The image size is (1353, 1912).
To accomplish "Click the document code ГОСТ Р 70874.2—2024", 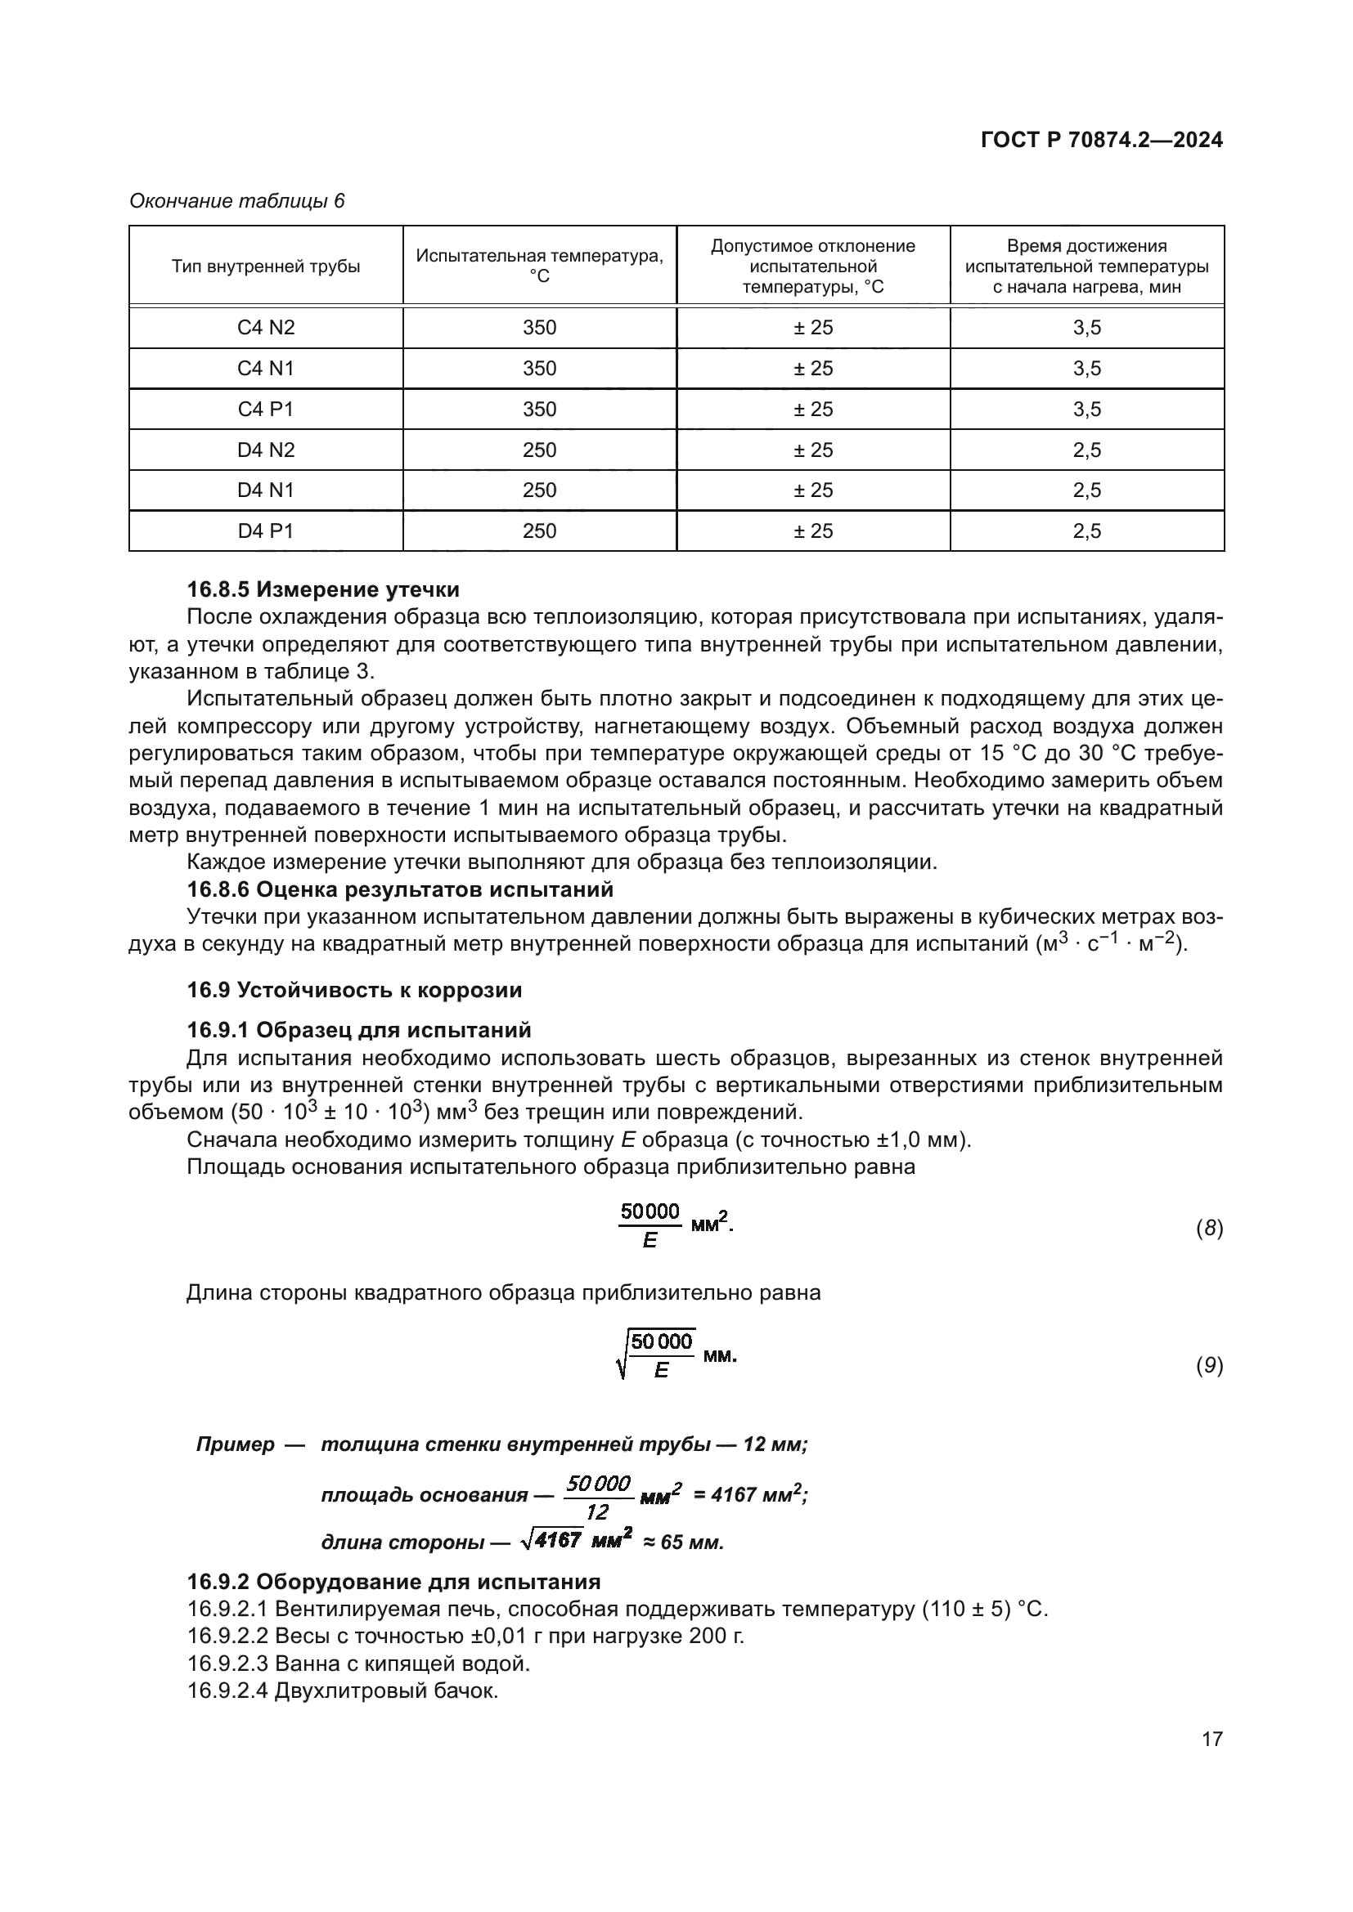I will tap(1101, 140).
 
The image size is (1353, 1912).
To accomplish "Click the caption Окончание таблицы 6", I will tap(236, 201).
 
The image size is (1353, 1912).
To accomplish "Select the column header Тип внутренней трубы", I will tap(266, 266).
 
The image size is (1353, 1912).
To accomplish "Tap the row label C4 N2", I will tap(266, 327).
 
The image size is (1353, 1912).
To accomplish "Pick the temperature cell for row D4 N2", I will tap(539, 450).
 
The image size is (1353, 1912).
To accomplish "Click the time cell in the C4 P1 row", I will tap(1086, 409).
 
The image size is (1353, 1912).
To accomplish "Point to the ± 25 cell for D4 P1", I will tap(812, 531).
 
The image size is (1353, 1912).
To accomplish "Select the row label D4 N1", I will tap(266, 490).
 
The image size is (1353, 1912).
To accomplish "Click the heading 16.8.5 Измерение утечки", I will tap(322, 589).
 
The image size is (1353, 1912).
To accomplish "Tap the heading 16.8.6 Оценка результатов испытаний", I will tap(400, 889).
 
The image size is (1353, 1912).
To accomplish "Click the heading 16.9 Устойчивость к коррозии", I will tap(354, 990).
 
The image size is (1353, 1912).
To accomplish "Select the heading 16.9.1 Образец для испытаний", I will tap(358, 1030).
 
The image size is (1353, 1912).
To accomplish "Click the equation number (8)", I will tap(1209, 1229).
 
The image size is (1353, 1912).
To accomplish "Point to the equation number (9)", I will tap(1209, 1365).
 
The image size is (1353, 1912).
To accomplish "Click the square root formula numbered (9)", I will tap(675, 1355).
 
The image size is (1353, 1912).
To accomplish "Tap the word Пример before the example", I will tap(235, 1444).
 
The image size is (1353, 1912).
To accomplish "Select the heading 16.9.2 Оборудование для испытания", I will tap(393, 1582).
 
